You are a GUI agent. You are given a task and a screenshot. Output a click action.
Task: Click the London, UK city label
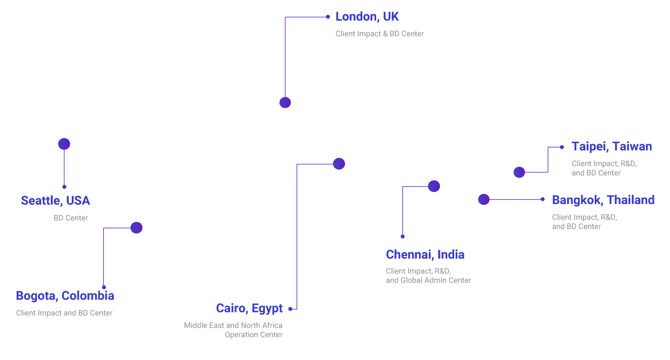pyautogui.click(x=367, y=17)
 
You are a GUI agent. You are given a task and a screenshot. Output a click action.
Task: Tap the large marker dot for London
pyautogui.click(x=285, y=102)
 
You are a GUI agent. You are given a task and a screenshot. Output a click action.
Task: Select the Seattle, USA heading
pyautogui.click(x=56, y=201)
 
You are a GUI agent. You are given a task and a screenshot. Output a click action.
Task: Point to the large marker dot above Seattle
pyautogui.click(x=64, y=144)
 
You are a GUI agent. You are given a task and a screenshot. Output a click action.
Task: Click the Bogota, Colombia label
pyautogui.click(x=65, y=296)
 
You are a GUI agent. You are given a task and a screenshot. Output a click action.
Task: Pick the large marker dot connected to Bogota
pyautogui.click(x=136, y=228)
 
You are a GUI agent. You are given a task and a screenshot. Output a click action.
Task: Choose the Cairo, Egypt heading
pyautogui.click(x=249, y=308)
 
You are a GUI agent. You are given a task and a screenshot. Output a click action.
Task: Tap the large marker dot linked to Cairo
pyautogui.click(x=339, y=164)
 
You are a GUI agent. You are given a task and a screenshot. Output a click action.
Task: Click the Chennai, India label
pyautogui.click(x=425, y=255)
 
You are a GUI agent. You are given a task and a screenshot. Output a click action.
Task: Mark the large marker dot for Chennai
pyautogui.click(x=434, y=186)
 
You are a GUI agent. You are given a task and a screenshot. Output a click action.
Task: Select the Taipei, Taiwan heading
pyautogui.click(x=612, y=146)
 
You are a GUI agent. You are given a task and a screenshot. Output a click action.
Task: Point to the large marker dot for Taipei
pyautogui.click(x=519, y=172)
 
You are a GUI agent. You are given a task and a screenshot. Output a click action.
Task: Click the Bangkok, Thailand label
pyautogui.click(x=603, y=200)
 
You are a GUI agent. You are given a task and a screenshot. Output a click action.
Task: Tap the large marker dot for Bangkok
pyautogui.click(x=484, y=199)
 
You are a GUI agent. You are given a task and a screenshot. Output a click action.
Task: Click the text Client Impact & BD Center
pyautogui.click(x=380, y=34)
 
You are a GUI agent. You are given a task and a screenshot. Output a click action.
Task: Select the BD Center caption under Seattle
pyautogui.click(x=71, y=218)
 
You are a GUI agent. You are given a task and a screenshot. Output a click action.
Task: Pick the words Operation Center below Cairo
pyautogui.click(x=254, y=335)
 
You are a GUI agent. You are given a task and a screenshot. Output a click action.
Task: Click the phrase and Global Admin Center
pyautogui.click(x=428, y=281)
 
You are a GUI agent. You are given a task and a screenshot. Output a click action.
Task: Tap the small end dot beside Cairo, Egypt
pyautogui.click(x=290, y=309)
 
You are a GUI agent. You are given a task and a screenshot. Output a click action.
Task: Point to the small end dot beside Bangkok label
pyautogui.click(x=542, y=199)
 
